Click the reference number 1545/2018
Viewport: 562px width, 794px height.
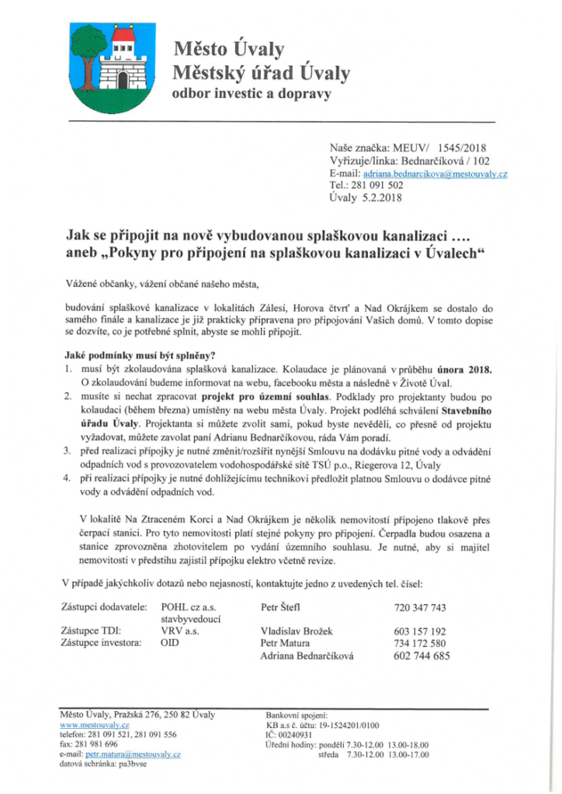click(462, 147)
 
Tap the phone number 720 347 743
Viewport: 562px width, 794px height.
click(421, 607)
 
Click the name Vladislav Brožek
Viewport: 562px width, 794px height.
click(298, 631)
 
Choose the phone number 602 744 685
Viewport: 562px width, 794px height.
click(421, 656)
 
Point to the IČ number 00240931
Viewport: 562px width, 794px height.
click(299, 734)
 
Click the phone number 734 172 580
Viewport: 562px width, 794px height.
click(421, 644)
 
